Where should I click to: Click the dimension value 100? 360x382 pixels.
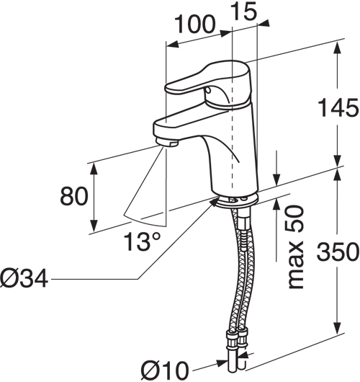point(195,24)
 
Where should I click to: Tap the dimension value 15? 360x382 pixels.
point(243,11)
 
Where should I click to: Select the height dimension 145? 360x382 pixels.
point(338,107)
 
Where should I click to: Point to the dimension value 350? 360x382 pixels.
point(338,251)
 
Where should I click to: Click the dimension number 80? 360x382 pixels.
point(73,195)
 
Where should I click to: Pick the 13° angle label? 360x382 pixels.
point(143,241)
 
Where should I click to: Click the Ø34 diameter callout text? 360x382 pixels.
point(24,279)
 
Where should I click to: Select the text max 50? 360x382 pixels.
point(296,247)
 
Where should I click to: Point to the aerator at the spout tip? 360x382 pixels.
point(166,142)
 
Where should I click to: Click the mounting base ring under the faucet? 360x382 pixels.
point(237,200)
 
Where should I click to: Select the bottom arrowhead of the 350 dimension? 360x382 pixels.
point(337,329)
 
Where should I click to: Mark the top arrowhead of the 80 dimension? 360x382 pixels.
point(94,168)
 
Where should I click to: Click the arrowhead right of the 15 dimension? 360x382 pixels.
point(264,23)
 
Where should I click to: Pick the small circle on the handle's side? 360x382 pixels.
point(208,90)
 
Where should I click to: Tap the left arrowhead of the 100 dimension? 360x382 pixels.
point(172,44)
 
